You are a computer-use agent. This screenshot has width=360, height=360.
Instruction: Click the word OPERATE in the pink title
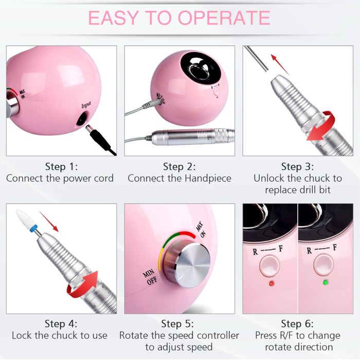click(x=224, y=17)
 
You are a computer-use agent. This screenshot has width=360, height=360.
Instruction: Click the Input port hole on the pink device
click(x=82, y=119)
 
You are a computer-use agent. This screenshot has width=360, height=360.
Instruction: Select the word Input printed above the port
click(x=86, y=105)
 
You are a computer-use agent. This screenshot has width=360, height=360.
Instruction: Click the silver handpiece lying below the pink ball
click(x=193, y=137)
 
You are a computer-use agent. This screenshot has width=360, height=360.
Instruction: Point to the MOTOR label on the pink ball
click(x=160, y=99)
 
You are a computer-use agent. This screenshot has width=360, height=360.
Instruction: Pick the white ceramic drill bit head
click(x=25, y=218)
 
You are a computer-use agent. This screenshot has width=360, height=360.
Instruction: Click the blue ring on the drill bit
click(x=34, y=228)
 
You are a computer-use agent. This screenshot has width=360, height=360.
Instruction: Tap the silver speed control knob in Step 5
click(x=187, y=265)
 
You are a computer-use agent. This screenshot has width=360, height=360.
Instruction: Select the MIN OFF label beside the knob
click(x=150, y=276)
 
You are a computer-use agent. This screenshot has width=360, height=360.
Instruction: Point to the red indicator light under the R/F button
click(x=272, y=283)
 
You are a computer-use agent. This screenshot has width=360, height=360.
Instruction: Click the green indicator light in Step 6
click(x=326, y=282)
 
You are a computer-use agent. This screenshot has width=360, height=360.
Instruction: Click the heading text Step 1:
click(x=61, y=166)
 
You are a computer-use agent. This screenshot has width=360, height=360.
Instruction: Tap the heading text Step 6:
click(x=297, y=323)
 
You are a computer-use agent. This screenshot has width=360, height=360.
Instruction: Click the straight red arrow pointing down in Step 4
click(x=49, y=222)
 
